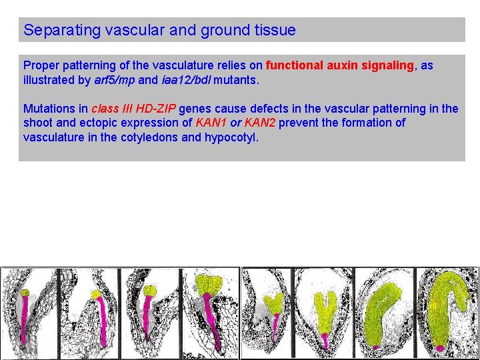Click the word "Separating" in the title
(55, 31)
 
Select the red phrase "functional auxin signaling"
(340, 65)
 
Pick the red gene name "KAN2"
(260, 123)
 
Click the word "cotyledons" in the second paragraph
(151, 137)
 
